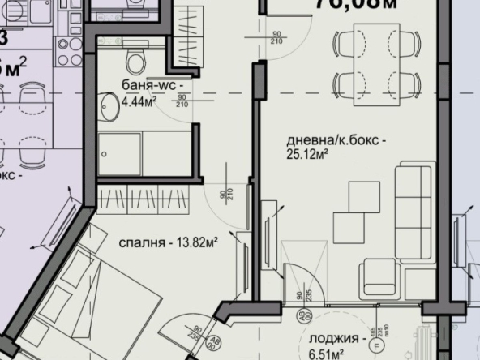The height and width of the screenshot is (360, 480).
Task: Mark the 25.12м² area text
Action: [x=307, y=152]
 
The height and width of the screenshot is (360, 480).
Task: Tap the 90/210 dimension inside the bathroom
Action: [x=182, y=100]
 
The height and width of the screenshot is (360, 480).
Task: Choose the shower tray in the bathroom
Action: [x=120, y=149]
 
